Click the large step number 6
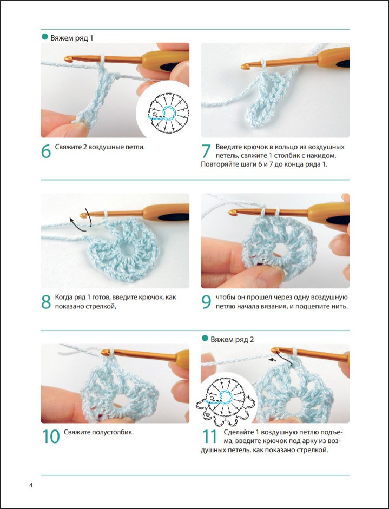pyautogui.click(x=46, y=151)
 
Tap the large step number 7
pyautogui.click(x=206, y=151)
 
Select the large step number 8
pyautogui.click(x=46, y=302)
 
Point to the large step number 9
pyautogui.click(x=206, y=302)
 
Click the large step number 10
pyautogui.click(x=51, y=437)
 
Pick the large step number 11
pyautogui.click(x=209, y=437)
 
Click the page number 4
pyautogui.click(x=31, y=486)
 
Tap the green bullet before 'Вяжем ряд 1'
pyautogui.click(x=45, y=37)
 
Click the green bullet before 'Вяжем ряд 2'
pyautogui.click(x=205, y=338)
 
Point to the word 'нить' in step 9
pyautogui.click(x=340, y=306)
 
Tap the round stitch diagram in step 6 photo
pyautogui.click(x=168, y=113)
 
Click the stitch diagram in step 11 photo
pyautogui.click(x=226, y=402)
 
